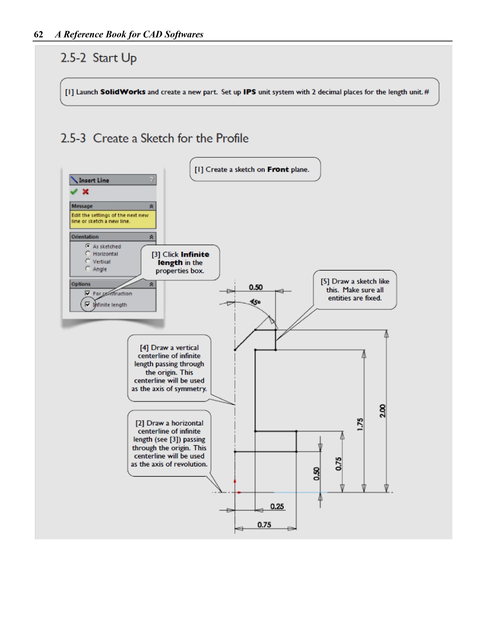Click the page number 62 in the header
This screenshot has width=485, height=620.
[x=38, y=34]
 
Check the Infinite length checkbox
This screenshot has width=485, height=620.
[x=87, y=304]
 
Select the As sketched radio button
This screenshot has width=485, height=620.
[x=88, y=246]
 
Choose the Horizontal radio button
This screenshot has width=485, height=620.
[x=88, y=253]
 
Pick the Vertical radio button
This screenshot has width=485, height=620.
[x=88, y=261]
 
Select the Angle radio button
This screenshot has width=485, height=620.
[x=88, y=269]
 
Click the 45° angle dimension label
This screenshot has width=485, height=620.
[x=255, y=302]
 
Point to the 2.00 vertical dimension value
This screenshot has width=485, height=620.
[x=383, y=411]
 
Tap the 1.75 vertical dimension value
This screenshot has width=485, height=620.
[x=360, y=424]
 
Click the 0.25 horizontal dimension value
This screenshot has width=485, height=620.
[x=277, y=506]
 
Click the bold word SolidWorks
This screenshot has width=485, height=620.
[x=123, y=92]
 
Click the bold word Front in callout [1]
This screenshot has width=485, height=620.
[x=278, y=169]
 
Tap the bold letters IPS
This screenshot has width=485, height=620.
[x=249, y=92]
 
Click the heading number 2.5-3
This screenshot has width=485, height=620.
[x=73, y=138]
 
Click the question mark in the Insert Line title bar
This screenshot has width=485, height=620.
[x=151, y=179]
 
